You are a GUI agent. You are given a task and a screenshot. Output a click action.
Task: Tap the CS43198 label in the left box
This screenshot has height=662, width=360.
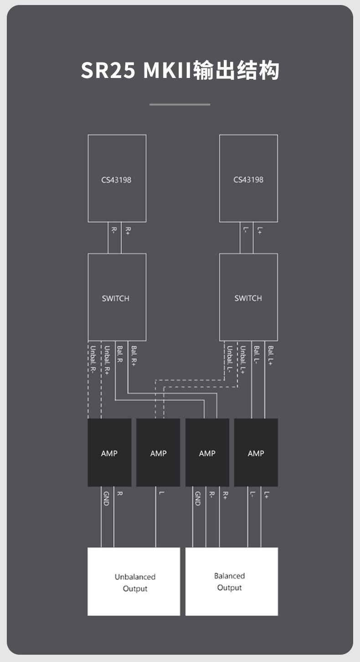pos(116,180)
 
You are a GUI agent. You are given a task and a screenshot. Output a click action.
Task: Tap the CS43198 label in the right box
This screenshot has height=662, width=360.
pos(248,180)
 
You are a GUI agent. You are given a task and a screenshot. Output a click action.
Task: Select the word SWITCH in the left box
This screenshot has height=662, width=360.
pos(116,299)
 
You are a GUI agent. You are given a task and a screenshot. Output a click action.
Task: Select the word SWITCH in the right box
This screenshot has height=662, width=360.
pos(248,298)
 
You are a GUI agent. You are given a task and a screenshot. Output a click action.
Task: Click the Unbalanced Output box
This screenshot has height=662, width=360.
pos(134,582)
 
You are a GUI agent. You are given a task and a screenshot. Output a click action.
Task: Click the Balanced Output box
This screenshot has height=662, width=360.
pos(231,582)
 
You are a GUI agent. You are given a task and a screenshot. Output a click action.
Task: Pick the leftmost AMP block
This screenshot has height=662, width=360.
pos(109,452)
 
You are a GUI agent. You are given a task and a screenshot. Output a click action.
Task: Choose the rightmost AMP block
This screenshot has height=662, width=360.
pos(256,452)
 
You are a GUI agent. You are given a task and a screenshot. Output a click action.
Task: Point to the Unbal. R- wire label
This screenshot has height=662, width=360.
pos(93,360)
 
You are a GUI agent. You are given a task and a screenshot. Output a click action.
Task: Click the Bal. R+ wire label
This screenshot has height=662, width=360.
pos(134,356)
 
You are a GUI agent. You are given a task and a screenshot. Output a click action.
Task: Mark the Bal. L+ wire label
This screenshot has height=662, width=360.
pos(271,356)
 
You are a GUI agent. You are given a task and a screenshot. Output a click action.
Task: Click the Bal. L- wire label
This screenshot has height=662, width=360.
pos(257,355)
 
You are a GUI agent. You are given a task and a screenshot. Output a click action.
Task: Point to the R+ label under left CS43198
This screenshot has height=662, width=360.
pos(128,231)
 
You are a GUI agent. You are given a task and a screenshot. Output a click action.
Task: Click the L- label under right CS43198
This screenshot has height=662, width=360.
pos(246,230)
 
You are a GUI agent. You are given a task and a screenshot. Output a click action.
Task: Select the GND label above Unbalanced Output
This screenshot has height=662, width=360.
pos(106,499)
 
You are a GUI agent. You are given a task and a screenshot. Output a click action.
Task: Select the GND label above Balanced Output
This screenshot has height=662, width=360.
pos(198,499)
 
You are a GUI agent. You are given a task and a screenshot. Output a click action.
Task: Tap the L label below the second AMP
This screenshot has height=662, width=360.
pos(161,493)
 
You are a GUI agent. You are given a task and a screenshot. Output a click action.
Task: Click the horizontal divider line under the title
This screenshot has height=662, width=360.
pos(180,104)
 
